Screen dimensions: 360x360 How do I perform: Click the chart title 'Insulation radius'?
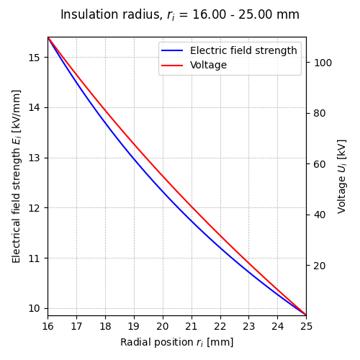click(179, 15)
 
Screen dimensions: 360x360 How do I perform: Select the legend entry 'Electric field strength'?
click(243, 51)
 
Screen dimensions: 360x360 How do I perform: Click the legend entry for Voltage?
click(208, 66)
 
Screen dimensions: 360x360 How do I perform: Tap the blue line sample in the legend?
click(173, 51)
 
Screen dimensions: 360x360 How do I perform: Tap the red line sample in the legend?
click(173, 66)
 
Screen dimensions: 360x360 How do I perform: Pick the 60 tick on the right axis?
click(319, 164)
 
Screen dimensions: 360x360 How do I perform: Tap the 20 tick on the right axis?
click(319, 266)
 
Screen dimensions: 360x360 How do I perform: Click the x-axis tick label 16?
click(48, 326)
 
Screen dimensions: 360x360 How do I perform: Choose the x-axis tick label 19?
click(134, 326)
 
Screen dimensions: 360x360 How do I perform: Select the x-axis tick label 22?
click(220, 326)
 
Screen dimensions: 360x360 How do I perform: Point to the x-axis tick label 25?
click(306, 326)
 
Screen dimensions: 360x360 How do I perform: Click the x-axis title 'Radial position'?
click(176, 343)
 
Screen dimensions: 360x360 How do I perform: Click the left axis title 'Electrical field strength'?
click(17, 176)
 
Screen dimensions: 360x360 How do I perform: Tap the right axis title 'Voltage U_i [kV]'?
click(342, 176)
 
